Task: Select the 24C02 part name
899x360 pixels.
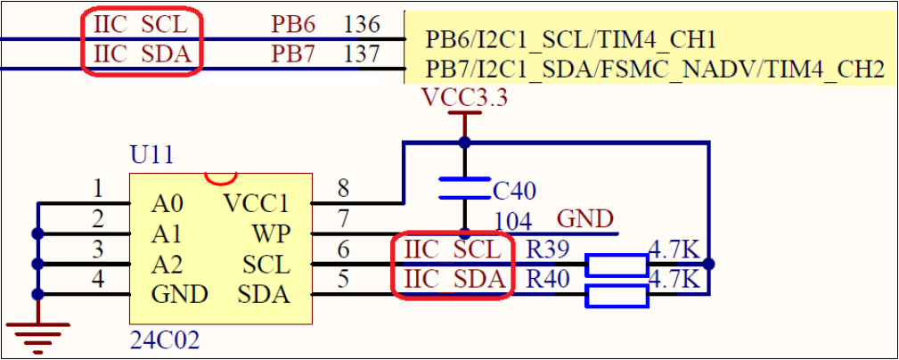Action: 164,340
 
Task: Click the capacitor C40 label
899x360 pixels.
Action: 515,190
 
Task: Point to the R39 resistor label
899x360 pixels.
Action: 547,250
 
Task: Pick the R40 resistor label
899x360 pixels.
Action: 547,280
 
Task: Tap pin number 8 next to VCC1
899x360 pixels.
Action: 343,188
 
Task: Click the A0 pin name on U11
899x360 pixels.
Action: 167,204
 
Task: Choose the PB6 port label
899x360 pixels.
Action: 293,24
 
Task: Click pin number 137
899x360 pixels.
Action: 362,54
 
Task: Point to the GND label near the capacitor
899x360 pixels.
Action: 584,219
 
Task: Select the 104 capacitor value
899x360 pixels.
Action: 513,221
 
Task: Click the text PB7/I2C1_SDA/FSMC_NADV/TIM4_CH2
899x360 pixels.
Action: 655,69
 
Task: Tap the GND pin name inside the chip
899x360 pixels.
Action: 179,294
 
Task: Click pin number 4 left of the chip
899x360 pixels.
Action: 98,280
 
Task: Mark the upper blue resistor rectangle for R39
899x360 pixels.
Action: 617,265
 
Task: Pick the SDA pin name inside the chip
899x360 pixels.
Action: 264,294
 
